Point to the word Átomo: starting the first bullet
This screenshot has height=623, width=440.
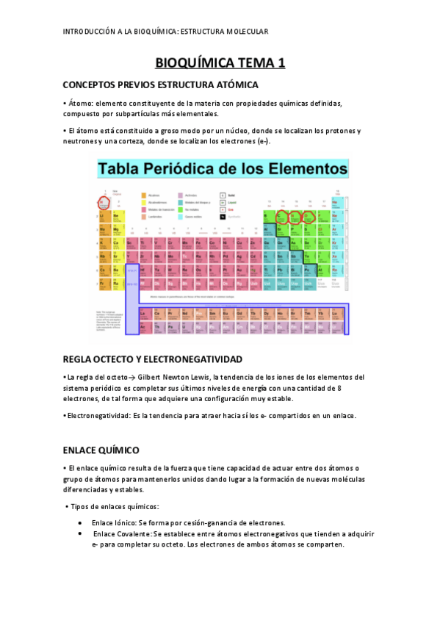[79, 104]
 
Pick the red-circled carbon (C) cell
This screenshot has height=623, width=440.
[281, 217]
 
